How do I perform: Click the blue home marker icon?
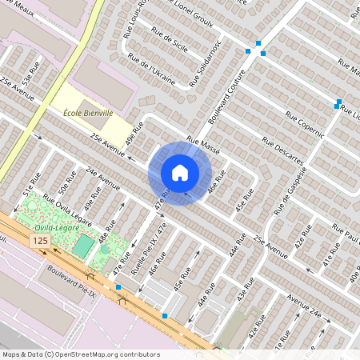coord(179,173)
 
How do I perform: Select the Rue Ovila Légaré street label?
coord(67,208)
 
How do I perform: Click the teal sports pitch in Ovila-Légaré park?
coord(83,246)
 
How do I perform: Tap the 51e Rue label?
coord(31,185)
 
